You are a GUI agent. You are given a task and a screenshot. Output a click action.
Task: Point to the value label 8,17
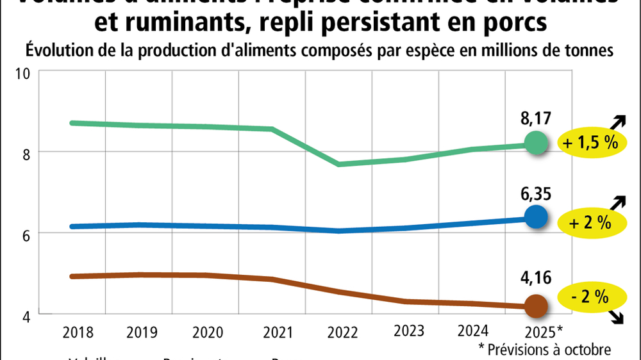(x=537, y=119)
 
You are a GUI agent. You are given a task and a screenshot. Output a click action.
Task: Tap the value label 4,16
(x=537, y=280)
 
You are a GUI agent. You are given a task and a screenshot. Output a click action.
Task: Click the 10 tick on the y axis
(x=24, y=73)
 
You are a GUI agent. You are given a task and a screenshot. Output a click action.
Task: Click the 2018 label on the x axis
(x=78, y=332)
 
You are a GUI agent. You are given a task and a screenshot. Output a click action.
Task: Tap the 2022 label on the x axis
(x=342, y=332)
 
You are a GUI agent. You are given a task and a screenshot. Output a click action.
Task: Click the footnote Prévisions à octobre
(x=545, y=348)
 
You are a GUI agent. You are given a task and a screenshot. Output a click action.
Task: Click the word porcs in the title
(x=515, y=23)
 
